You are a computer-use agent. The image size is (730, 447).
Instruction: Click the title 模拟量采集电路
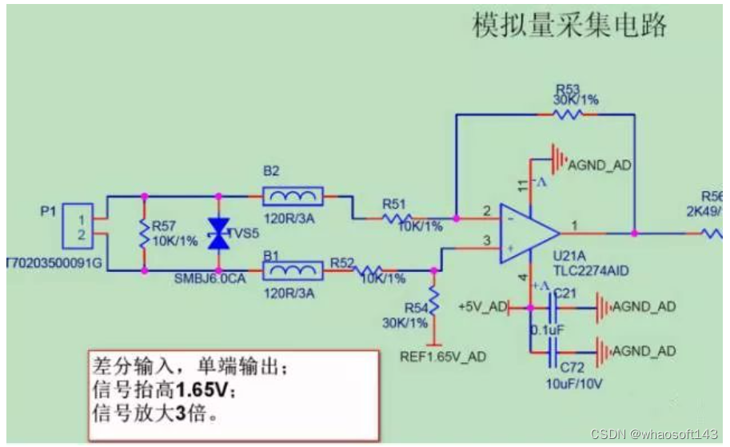(x=569, y=27)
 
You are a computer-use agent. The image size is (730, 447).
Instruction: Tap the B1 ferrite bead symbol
(x=293, y=271)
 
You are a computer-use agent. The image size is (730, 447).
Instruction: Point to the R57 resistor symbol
(x=145, y=233)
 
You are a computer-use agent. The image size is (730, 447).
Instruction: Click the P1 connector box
(x=78, y=225)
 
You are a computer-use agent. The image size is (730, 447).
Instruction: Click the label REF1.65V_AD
(x=443, y=356)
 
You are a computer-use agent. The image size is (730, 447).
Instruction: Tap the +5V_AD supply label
(x=482, y=307)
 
